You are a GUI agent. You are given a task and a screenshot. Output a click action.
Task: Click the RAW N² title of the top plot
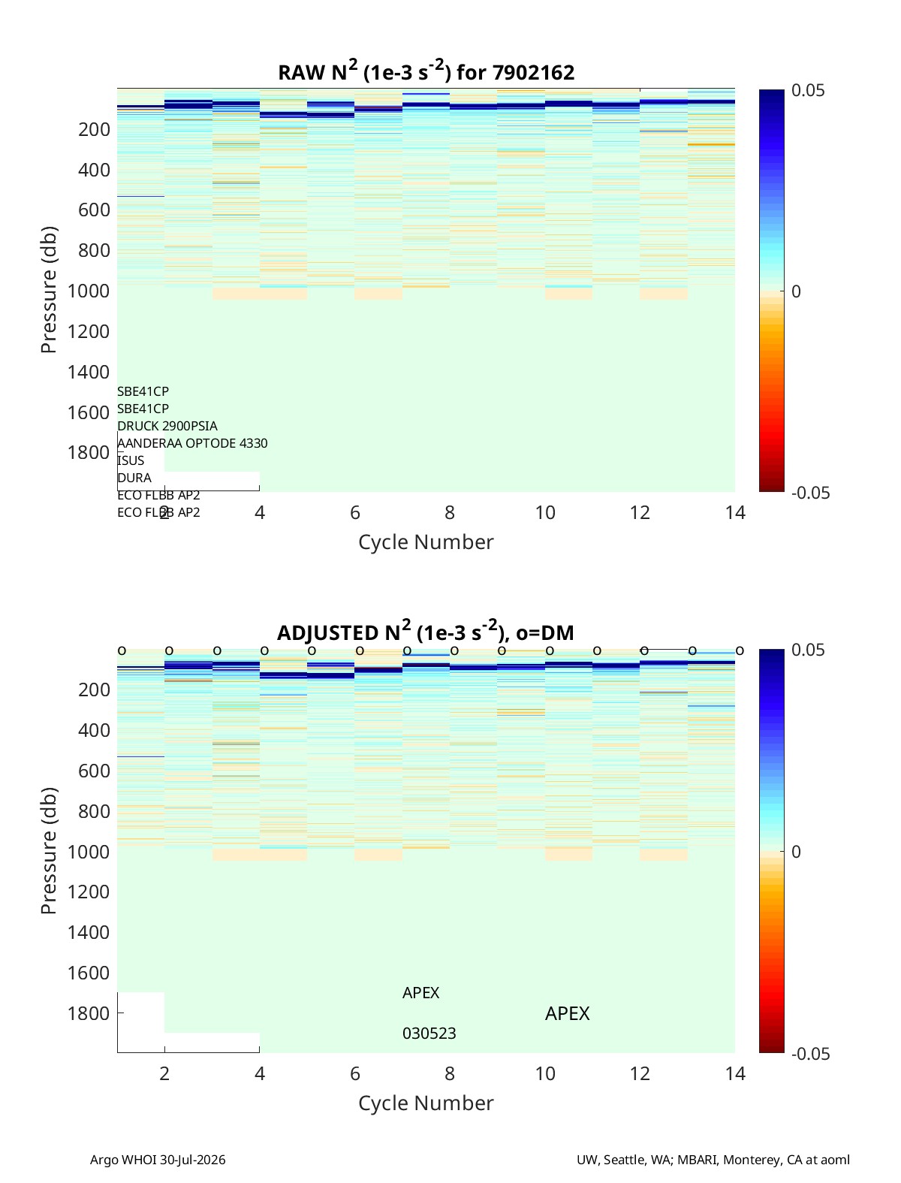[x=426, y=71]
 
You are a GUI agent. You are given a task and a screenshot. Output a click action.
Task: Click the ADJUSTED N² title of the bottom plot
[x=426, y=632]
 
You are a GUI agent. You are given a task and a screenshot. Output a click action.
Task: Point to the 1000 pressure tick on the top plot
[x=89, y=291]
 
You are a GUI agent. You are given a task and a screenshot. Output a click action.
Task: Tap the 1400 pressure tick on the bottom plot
[x=89, y=932]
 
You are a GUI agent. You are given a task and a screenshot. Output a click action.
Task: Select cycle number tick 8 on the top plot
[x=450, y=512]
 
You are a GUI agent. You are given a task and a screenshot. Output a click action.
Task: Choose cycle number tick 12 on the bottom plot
[x=640, y=1073]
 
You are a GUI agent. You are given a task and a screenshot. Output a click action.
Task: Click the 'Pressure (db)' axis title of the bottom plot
[x=49, y=850]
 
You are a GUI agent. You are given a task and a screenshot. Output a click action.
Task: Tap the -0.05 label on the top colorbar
[x=810, y=493]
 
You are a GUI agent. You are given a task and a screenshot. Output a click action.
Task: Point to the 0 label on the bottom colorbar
[x=796, y=852]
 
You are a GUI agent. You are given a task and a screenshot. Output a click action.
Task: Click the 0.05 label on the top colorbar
[x=808, y=90]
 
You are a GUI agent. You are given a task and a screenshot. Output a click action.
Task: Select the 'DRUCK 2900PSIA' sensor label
[x=167, y=426]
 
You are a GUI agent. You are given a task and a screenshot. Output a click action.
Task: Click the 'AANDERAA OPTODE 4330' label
[x=192, y=443]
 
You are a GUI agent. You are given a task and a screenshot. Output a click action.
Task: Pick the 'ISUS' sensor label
[x=131, y=460]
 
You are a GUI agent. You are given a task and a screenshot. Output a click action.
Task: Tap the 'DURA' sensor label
[x=134, y=478]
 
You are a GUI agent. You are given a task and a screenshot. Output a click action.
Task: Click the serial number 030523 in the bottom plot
[x=429, y=1034]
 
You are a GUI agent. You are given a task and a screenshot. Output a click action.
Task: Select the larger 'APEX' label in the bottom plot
[x=567, y=1013]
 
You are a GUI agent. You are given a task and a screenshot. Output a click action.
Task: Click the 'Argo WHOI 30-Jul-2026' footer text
[x=158, y=1159]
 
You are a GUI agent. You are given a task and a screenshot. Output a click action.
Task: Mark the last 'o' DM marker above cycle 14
[x=740, y=650]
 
